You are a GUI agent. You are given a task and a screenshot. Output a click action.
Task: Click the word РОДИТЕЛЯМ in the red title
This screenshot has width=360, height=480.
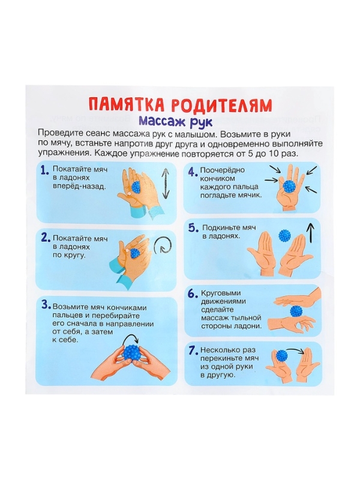221,105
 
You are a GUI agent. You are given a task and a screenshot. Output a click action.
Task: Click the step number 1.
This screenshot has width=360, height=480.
44,171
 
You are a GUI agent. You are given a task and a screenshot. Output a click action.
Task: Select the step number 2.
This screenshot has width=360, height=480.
44,238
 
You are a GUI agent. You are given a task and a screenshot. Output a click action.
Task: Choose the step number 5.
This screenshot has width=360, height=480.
193,228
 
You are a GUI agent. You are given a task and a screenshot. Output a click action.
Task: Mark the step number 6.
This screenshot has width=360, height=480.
193,294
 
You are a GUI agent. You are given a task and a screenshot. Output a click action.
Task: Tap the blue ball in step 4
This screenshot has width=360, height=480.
292,186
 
